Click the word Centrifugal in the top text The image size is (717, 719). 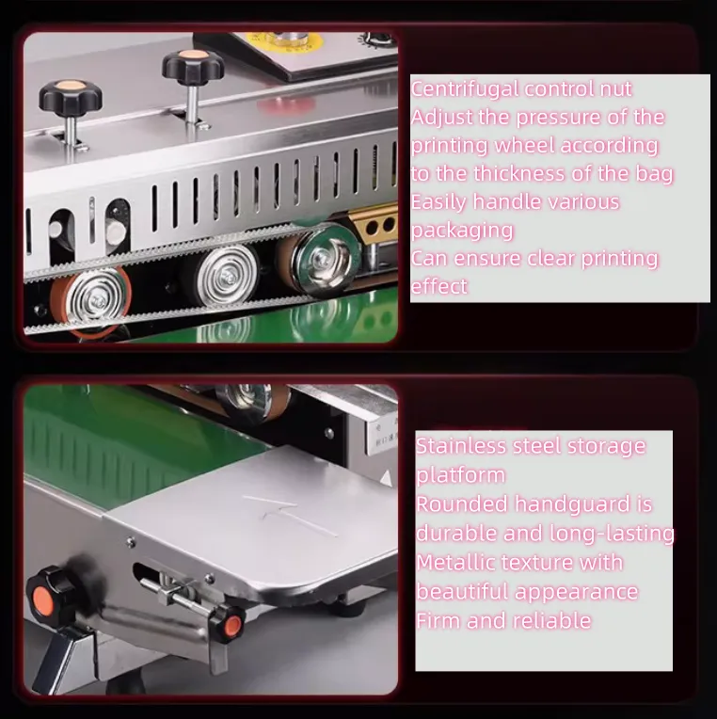(x=465, y=89)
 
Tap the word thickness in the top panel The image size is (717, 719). (x=519, y=174)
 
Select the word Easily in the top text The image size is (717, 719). (x=438, y=202)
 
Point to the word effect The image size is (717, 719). (x=438, y=287)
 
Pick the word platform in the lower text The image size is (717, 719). (x=460, y=475)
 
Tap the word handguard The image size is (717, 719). (x=572, y=503)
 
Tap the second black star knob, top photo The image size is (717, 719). (x=193, y=67)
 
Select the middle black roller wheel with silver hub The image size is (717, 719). (x=222, y=274)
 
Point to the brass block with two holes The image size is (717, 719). (x=376, y=225)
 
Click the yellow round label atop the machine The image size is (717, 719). (x=284, y=41)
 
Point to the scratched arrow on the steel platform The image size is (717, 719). (x=289, y=515)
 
